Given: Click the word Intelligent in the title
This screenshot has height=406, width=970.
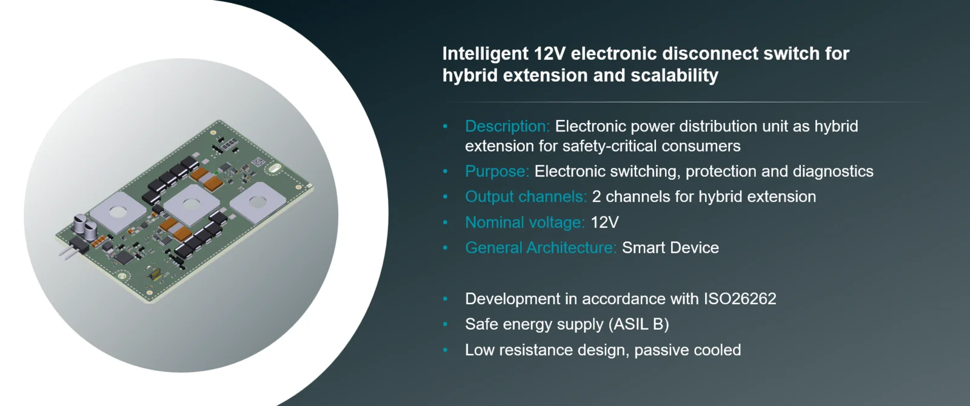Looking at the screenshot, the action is coord(485,54).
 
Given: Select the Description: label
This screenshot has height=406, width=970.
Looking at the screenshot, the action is coord(507,127).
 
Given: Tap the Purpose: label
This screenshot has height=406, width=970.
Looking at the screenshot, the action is coord(497,172).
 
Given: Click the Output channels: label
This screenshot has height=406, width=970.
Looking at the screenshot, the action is coord(526,197).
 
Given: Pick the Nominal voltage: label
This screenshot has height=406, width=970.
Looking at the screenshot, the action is coord(525,222).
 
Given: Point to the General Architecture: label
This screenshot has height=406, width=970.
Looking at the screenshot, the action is coord(540,248).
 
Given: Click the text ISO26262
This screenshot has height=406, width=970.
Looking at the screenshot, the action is coord(740,299).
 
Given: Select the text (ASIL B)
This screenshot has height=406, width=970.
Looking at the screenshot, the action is coord(638,324).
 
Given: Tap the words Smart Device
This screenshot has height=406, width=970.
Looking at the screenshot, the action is coord(671,248).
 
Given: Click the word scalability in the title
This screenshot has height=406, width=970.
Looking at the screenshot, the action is coord(674,76).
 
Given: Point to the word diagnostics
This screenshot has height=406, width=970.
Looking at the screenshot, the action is coord(833,172).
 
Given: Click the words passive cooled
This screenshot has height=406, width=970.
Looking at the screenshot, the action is coord(687,350).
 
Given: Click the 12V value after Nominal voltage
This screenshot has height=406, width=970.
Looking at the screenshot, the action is coord(604,222).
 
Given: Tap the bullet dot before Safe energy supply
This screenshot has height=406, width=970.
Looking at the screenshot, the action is coord(445,325).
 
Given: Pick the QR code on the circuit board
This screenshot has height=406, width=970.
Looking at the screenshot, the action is coord(258,163).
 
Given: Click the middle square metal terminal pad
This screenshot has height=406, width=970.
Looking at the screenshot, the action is coord(191,204).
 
